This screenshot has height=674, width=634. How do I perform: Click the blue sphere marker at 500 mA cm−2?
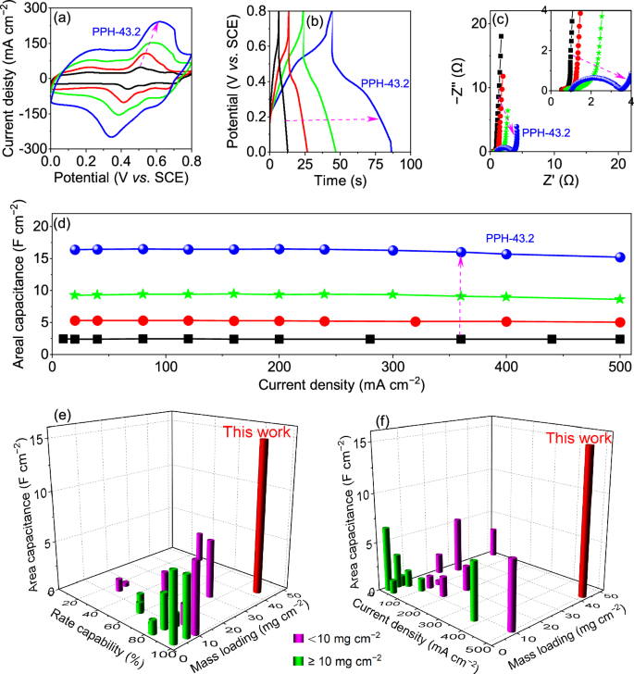click(x=619, y=257)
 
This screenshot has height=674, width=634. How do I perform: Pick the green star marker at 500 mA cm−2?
click(x=619, y=299)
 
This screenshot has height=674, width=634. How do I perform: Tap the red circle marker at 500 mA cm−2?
click(x=619, y=322)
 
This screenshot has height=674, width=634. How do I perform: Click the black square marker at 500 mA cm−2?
click(x=619, y=339)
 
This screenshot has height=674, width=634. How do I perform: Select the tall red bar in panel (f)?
click(x=586, y=519)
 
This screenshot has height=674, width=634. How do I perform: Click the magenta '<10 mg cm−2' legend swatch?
click(x=298, y=639)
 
